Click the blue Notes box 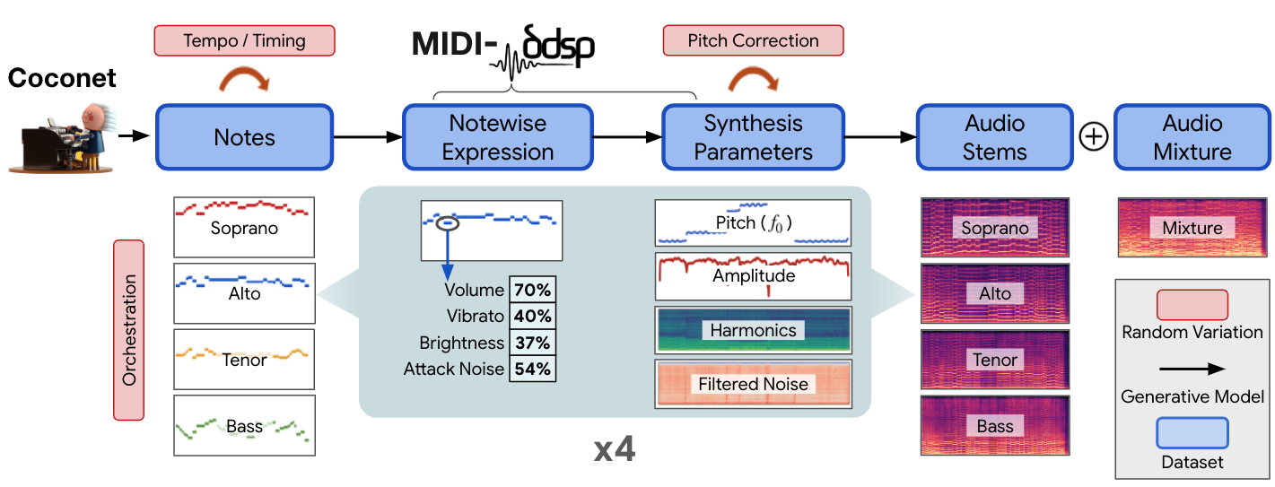tap(244, 137)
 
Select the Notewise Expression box tap(498, 137)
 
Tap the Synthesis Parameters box tap(753, 137)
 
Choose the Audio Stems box tap(994, 137)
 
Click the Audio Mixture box tap(1192, 137)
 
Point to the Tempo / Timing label tap(244, 40)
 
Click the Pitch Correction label tap(753, 40)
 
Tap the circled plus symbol tap(1094, 137)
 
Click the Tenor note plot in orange tap(244, 359)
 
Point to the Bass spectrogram tap(994, 425)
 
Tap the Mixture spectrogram tap(1192, 228)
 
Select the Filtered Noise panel tap(753, 384)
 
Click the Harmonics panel tap(753, 330)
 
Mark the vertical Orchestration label tap(129, 329)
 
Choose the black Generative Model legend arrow tap(1192, 369)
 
